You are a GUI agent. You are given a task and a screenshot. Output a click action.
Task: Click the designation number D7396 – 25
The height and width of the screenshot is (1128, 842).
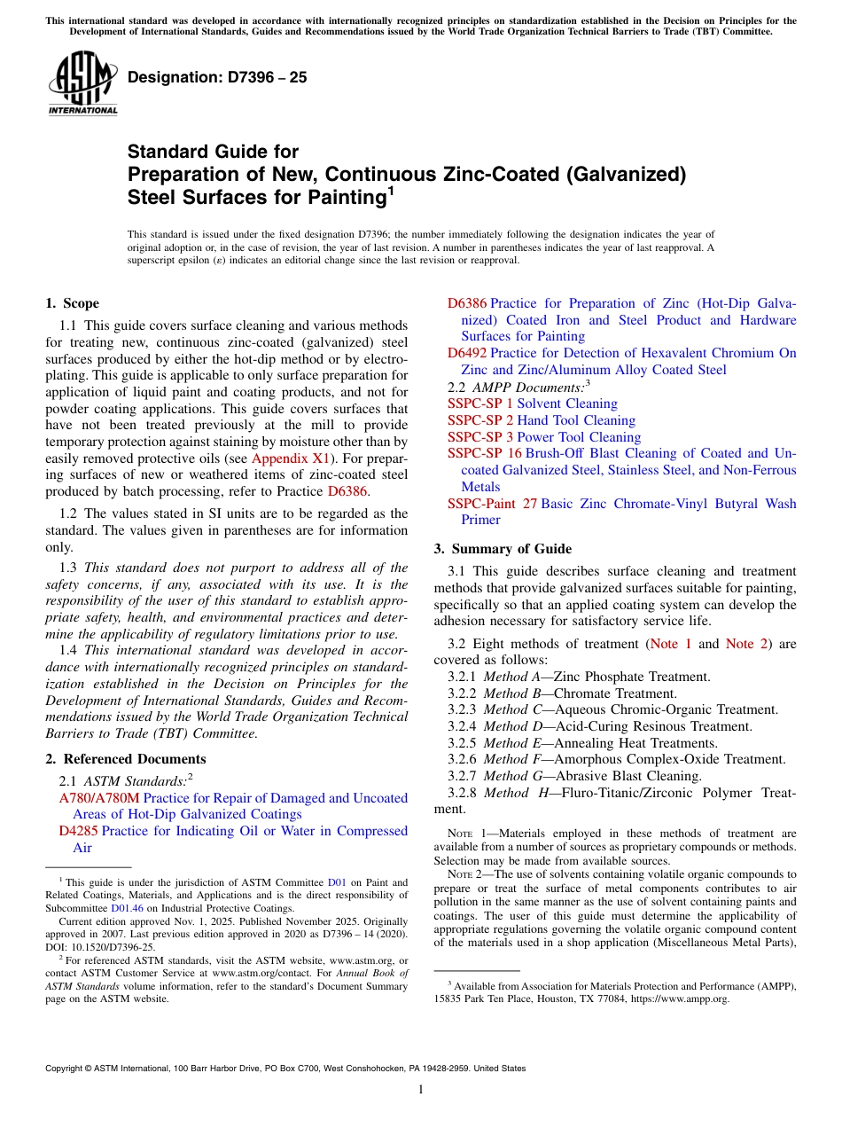coord(217,77)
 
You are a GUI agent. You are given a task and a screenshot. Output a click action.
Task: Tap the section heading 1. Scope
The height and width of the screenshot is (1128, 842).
coord(73,303)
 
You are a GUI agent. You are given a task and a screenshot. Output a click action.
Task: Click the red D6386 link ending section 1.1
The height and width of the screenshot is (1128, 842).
coord(347,491)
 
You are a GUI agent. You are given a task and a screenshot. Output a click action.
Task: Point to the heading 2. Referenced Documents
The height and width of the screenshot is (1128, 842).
coord(126,759)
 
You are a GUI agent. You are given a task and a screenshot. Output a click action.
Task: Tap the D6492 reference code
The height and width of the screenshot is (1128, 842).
coord(467,353)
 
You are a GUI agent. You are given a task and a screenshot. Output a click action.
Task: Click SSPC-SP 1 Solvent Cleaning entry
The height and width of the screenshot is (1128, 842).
coord(532,403)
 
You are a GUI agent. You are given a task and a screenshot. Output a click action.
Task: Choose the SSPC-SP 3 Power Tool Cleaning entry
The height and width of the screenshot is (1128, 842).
coord(543,437)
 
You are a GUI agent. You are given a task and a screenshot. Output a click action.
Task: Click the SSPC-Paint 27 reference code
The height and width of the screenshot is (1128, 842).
coord(492,504)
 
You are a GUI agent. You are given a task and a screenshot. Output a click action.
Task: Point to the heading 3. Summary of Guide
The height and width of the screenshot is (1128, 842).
coord(503,549)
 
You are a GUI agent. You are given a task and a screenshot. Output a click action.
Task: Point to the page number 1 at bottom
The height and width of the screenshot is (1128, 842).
coord(421,1090)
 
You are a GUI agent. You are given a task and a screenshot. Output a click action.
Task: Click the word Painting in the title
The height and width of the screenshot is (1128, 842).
coord(338,198)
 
